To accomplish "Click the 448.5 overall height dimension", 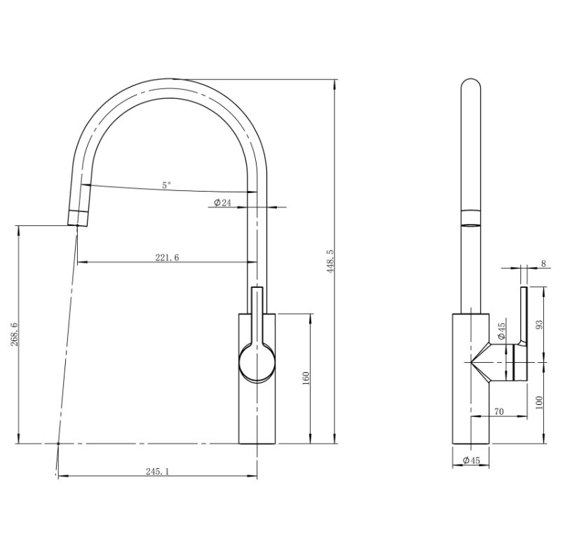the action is (330, 261).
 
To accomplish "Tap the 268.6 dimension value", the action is (15, 334).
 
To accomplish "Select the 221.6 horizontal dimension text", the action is (167, 258).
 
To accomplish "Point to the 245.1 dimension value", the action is (158, 471).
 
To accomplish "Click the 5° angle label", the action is (166, 185).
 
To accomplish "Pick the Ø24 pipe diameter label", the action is (222, 203).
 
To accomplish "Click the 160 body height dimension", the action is (306, 378).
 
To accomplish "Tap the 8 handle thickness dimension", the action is (544, 263).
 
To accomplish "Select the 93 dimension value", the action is (540, 324).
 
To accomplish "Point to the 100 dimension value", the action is (540, 402).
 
